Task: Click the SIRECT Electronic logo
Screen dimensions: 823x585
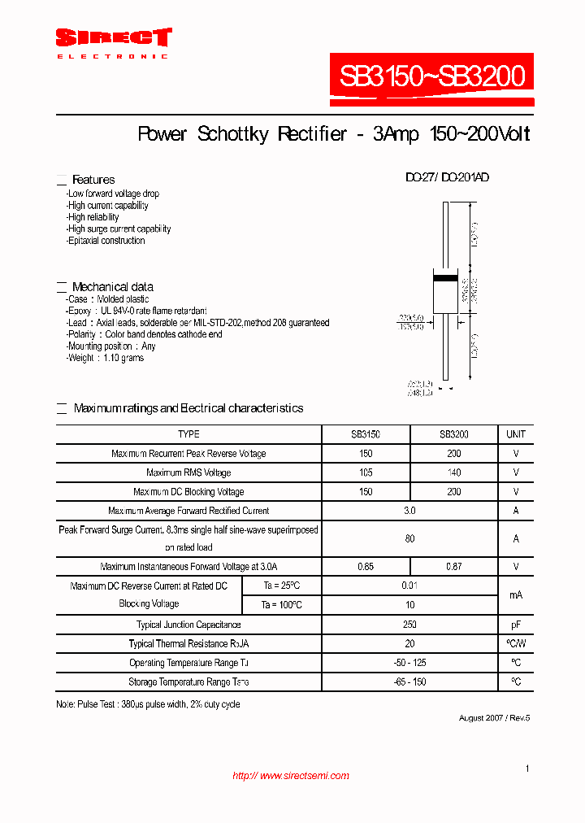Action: tap(113, 42)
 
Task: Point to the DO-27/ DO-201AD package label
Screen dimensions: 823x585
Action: tap(447, 177)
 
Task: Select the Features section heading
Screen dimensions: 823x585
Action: tap(93, 180)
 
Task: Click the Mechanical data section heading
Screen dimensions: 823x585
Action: tap(112, 287)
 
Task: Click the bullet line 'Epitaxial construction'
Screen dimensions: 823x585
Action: tap(106, 241)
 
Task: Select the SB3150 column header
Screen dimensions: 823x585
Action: tap(366, 434)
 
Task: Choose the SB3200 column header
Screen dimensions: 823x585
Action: tap(453, 434)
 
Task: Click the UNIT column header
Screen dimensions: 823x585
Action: tap(516, 434)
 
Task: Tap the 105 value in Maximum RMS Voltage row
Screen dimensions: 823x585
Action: tap(366, 472)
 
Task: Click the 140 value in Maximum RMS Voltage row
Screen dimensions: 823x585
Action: tap(453, 472)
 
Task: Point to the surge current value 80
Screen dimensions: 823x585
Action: tap(409, 538)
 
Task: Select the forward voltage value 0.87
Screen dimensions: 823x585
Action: tap(453, 566)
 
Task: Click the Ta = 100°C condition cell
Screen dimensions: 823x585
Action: tap(282, 605)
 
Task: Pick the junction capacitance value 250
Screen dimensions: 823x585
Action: tap(409, 625)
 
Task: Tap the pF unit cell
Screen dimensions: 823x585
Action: tap(516, 625)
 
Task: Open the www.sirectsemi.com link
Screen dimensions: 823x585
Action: tap(291, 776)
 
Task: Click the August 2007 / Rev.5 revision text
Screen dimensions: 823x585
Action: tap(494, 717)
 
